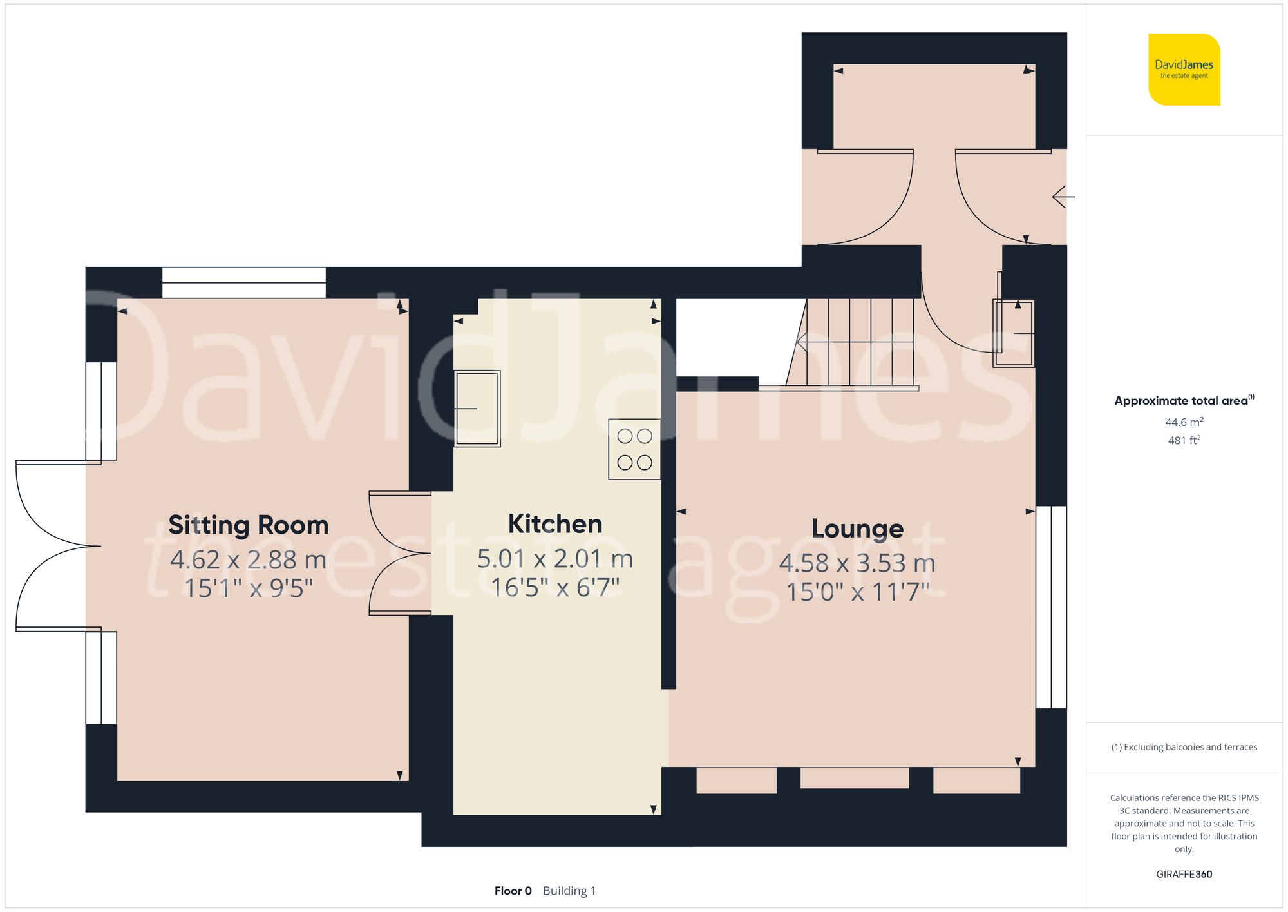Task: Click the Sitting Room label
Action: point(249,525)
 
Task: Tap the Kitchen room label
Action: point(555,524)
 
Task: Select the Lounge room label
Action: point(857,529)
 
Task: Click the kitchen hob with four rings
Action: point(634,449)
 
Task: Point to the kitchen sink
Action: point(477,409)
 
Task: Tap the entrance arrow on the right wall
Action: point(1063,197)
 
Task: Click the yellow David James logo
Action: point(1184,70)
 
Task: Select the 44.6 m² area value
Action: point(1184,422)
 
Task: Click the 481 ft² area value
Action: point(1184,441)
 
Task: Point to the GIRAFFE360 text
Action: point(1184,874)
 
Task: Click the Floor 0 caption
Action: point(513,891)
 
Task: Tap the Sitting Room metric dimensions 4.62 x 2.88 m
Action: point(249,559)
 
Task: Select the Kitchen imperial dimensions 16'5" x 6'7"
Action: point(555,587)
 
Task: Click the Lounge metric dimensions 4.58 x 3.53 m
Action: point(857,563)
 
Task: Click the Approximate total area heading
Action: point(1184,401)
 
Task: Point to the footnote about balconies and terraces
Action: point(1184,747)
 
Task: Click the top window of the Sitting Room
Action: point(243,282)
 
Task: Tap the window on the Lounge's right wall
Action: point(1051,606)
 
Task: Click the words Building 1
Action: point(569,891)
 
